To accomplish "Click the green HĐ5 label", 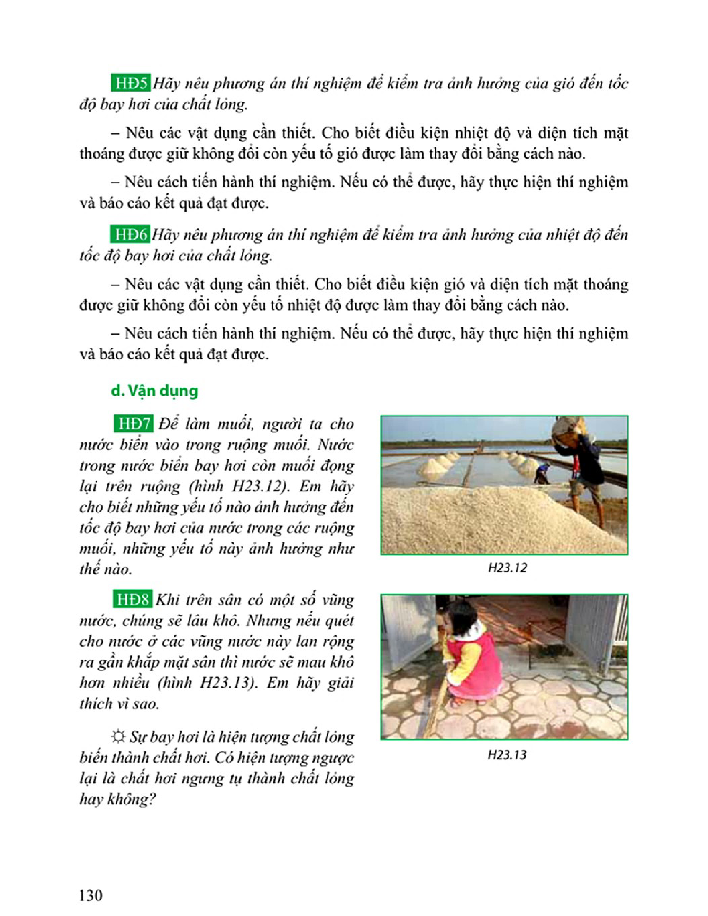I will (x=130, y=84).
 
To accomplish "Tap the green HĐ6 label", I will (x=130, y=235).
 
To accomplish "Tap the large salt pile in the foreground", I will (x=482, y=520).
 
